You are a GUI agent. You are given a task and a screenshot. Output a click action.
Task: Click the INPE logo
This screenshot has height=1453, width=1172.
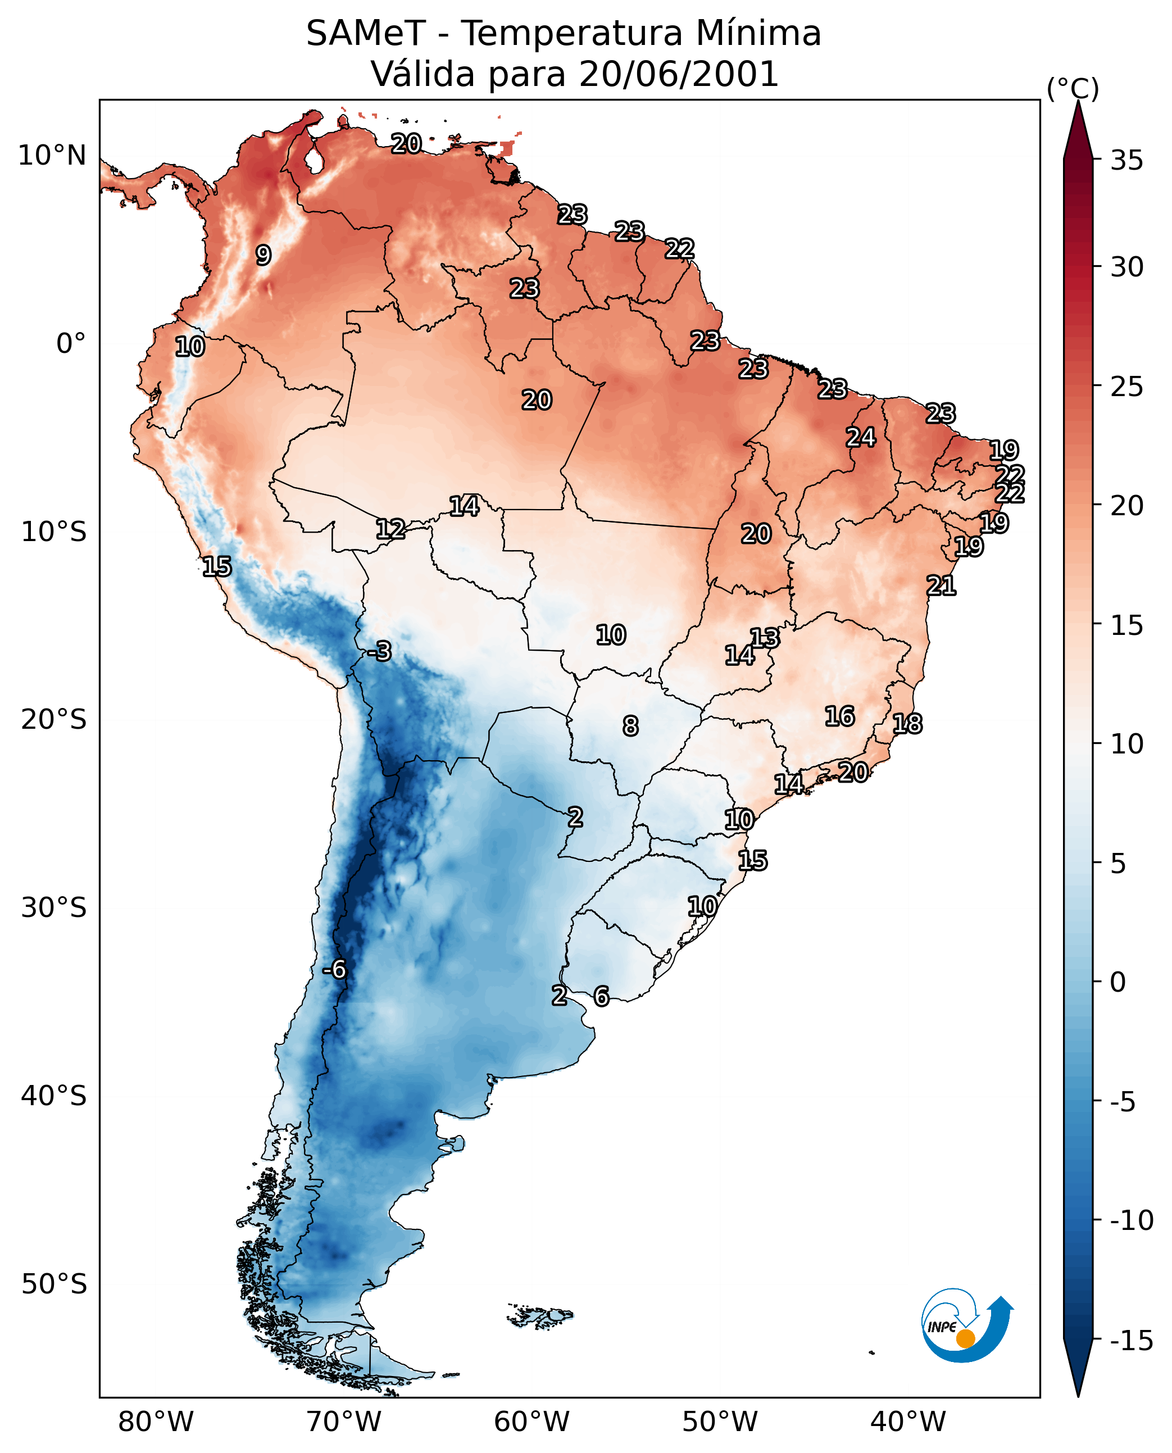(967, 1325)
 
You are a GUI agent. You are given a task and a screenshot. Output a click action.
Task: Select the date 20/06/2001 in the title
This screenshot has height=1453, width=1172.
(679, 74)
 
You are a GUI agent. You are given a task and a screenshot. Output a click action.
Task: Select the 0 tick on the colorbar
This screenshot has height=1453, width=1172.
(1118, 982)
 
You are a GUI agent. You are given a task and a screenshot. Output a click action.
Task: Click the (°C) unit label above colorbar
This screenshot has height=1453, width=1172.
(1073, 88)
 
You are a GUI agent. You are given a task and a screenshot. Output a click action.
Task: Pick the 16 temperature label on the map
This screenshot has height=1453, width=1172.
(840, 716)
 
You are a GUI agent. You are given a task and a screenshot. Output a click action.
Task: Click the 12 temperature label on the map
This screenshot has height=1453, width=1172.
(390, 529)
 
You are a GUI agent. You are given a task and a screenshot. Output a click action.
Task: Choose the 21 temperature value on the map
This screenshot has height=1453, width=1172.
(941, 585)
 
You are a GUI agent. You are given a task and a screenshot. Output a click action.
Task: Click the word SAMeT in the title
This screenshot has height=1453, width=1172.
(366, 33)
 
